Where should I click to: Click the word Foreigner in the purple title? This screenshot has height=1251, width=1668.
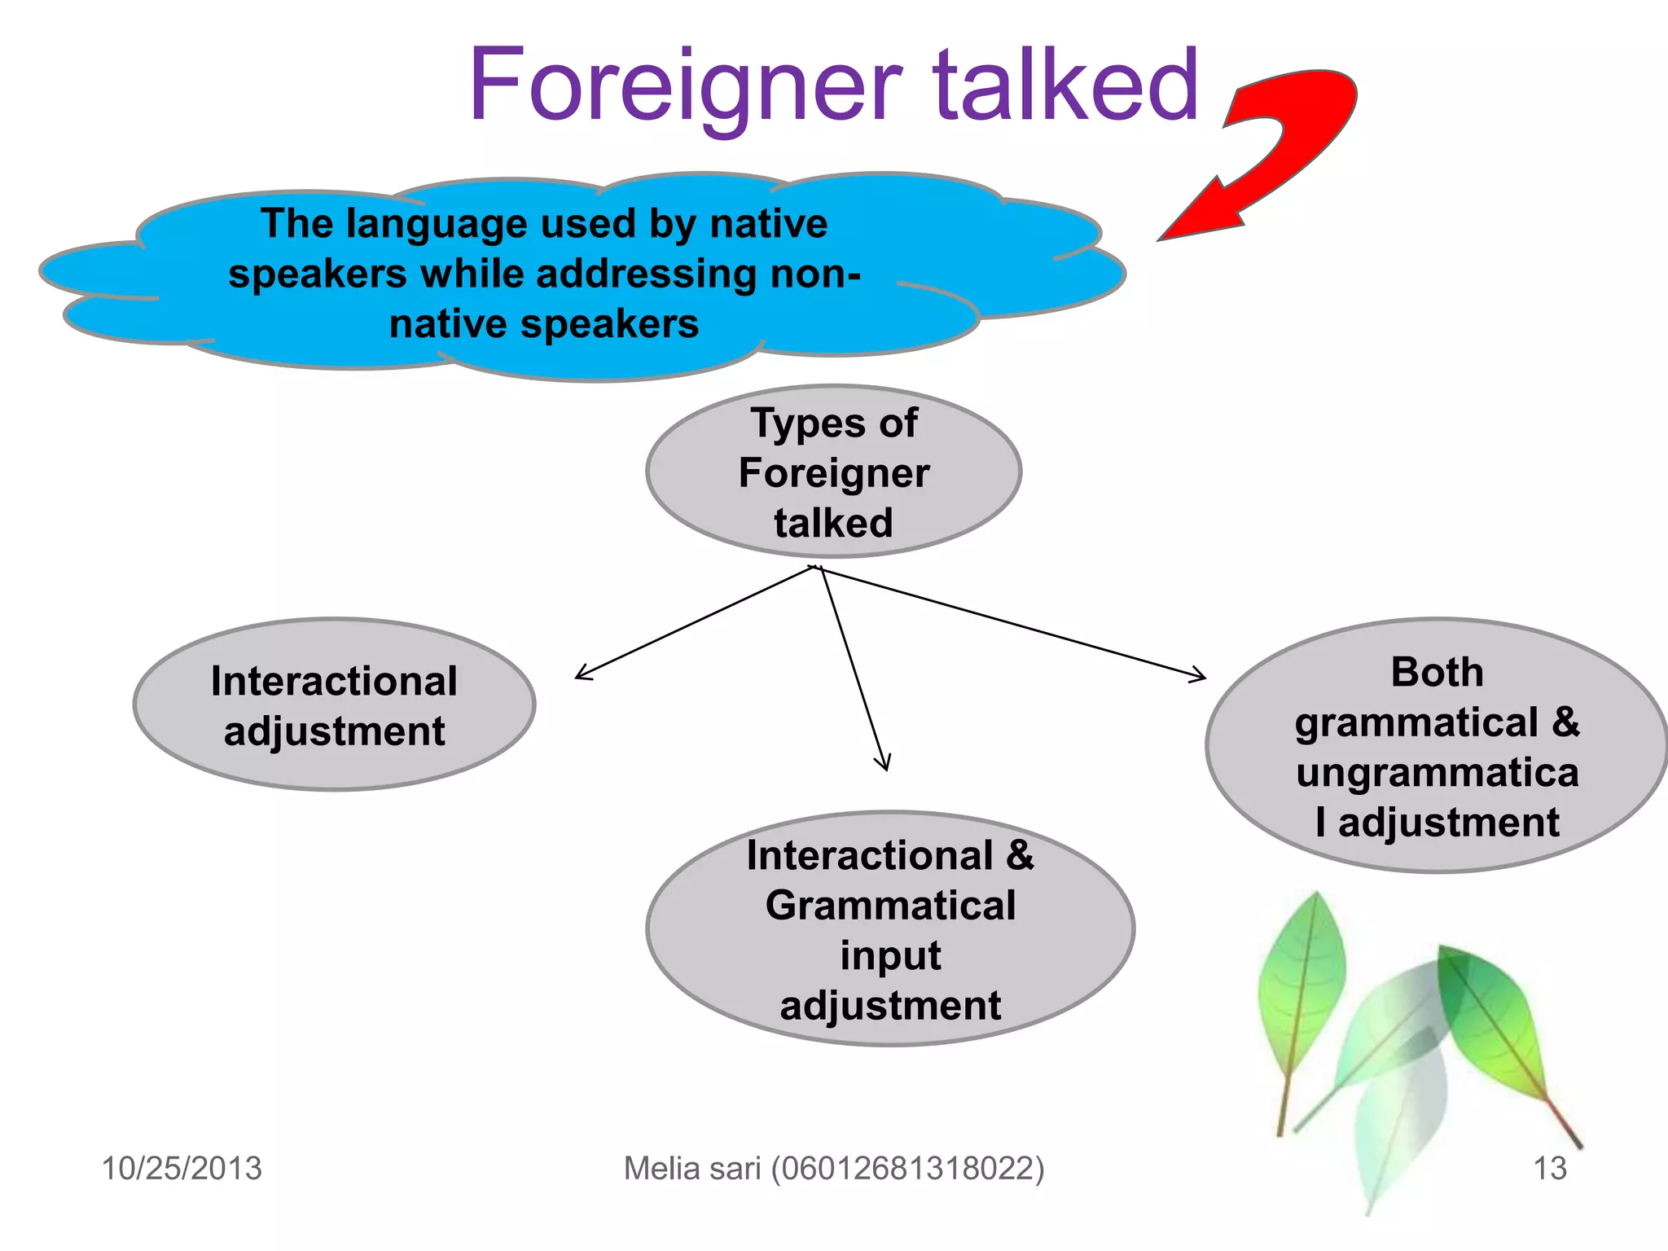684,86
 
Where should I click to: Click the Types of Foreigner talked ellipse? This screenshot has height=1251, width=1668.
833,472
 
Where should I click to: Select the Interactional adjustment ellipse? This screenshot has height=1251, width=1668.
334,705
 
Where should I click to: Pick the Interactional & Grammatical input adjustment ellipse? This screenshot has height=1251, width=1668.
890,928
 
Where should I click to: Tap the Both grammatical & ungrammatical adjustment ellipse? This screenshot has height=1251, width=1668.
1437,745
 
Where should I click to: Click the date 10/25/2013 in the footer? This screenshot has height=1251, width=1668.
182,1168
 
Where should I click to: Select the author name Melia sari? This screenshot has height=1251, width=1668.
692,1168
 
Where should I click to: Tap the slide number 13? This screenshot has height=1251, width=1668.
1549,1168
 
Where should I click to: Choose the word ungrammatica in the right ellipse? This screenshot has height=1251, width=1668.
1437,772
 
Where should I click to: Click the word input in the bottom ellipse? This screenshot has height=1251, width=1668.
890,955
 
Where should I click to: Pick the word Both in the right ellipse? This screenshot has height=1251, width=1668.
1437,673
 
